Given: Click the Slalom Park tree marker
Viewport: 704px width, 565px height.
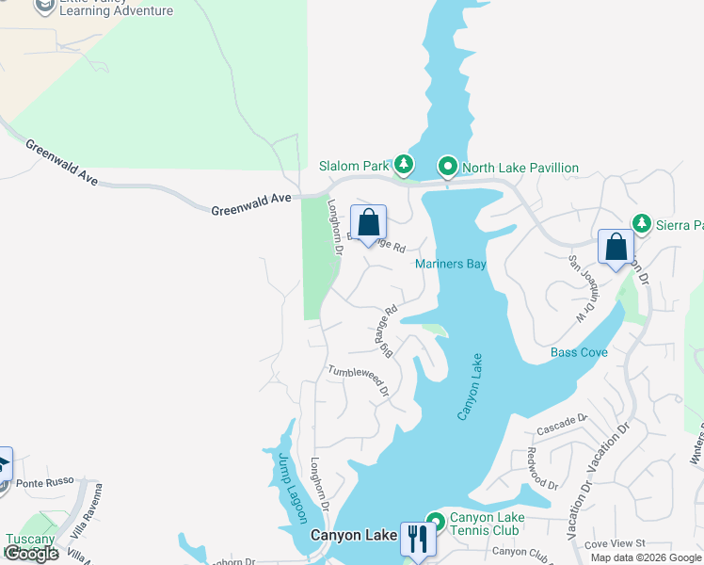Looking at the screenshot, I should pos(404,166).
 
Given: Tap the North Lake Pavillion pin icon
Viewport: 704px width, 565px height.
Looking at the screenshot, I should pos(449,168).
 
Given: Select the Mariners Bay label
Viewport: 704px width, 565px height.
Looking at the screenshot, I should pos(451,265).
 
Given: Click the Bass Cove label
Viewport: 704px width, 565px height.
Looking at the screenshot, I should pos(579,353).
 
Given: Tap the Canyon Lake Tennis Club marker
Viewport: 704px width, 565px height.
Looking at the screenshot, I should pos(435,521).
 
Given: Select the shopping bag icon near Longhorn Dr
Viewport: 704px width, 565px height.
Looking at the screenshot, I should pos(369,223).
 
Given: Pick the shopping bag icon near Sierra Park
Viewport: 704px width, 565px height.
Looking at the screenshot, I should pos(616,248).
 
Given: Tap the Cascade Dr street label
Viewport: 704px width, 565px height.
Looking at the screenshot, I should pos(562,424).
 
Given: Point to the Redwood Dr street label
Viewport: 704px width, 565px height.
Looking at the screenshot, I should pos(543,467).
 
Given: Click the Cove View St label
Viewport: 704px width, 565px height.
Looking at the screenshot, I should pos(614,543).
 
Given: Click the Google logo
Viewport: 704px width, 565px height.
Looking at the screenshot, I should pos(31,554).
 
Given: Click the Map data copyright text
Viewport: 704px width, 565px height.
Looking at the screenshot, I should pos(646,557).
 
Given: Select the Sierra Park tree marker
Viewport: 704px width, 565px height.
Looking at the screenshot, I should pos(642,224).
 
